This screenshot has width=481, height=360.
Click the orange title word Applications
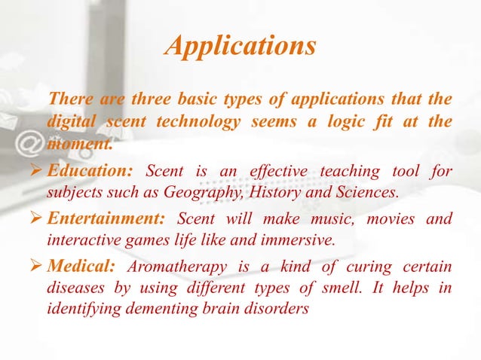[240, 46]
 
